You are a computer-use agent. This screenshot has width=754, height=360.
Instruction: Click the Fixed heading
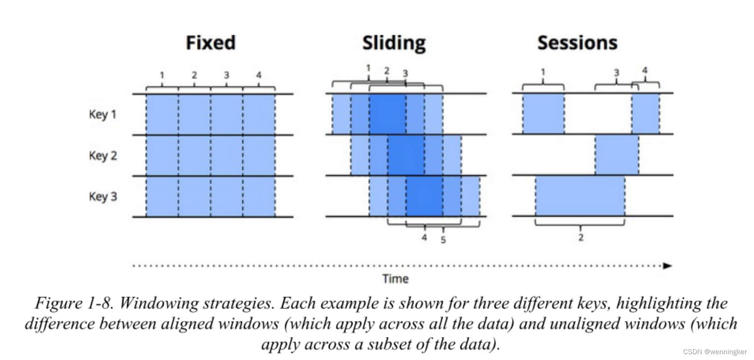[x=211, y=43]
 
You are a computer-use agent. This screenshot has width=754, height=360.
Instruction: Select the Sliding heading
[x=394, y=43]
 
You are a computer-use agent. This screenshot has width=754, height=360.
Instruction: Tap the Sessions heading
[x=577, y=43]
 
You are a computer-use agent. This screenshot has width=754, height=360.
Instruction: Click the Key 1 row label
[x=103, y=114]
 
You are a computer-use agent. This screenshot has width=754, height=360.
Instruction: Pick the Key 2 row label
[x=103, y=156]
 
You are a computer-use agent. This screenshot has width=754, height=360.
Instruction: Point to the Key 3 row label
[x=103, y=197]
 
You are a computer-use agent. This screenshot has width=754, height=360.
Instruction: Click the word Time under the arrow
[x=395, y=279]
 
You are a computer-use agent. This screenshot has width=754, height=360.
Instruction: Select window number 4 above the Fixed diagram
[x=259, y=75]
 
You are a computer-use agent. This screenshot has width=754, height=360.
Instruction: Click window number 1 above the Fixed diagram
[x=162, y=75]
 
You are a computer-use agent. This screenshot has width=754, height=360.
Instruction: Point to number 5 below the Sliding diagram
[x=443, y=240]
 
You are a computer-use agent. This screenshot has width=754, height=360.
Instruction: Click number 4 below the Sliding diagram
[x=424, y=237]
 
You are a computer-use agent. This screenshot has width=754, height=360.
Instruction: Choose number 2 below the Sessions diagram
[x=581, y=237]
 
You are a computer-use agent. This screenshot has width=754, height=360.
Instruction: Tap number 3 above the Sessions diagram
[x=616, y=73]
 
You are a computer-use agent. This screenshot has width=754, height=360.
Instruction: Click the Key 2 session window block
[x=617, y=155]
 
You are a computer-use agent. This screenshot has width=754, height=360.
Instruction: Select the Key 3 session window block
[x=580, y=196]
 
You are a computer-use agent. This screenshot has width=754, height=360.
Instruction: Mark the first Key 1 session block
[x=543, y=114]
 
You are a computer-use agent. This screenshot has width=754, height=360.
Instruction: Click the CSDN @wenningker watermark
[x=714, y=352]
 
